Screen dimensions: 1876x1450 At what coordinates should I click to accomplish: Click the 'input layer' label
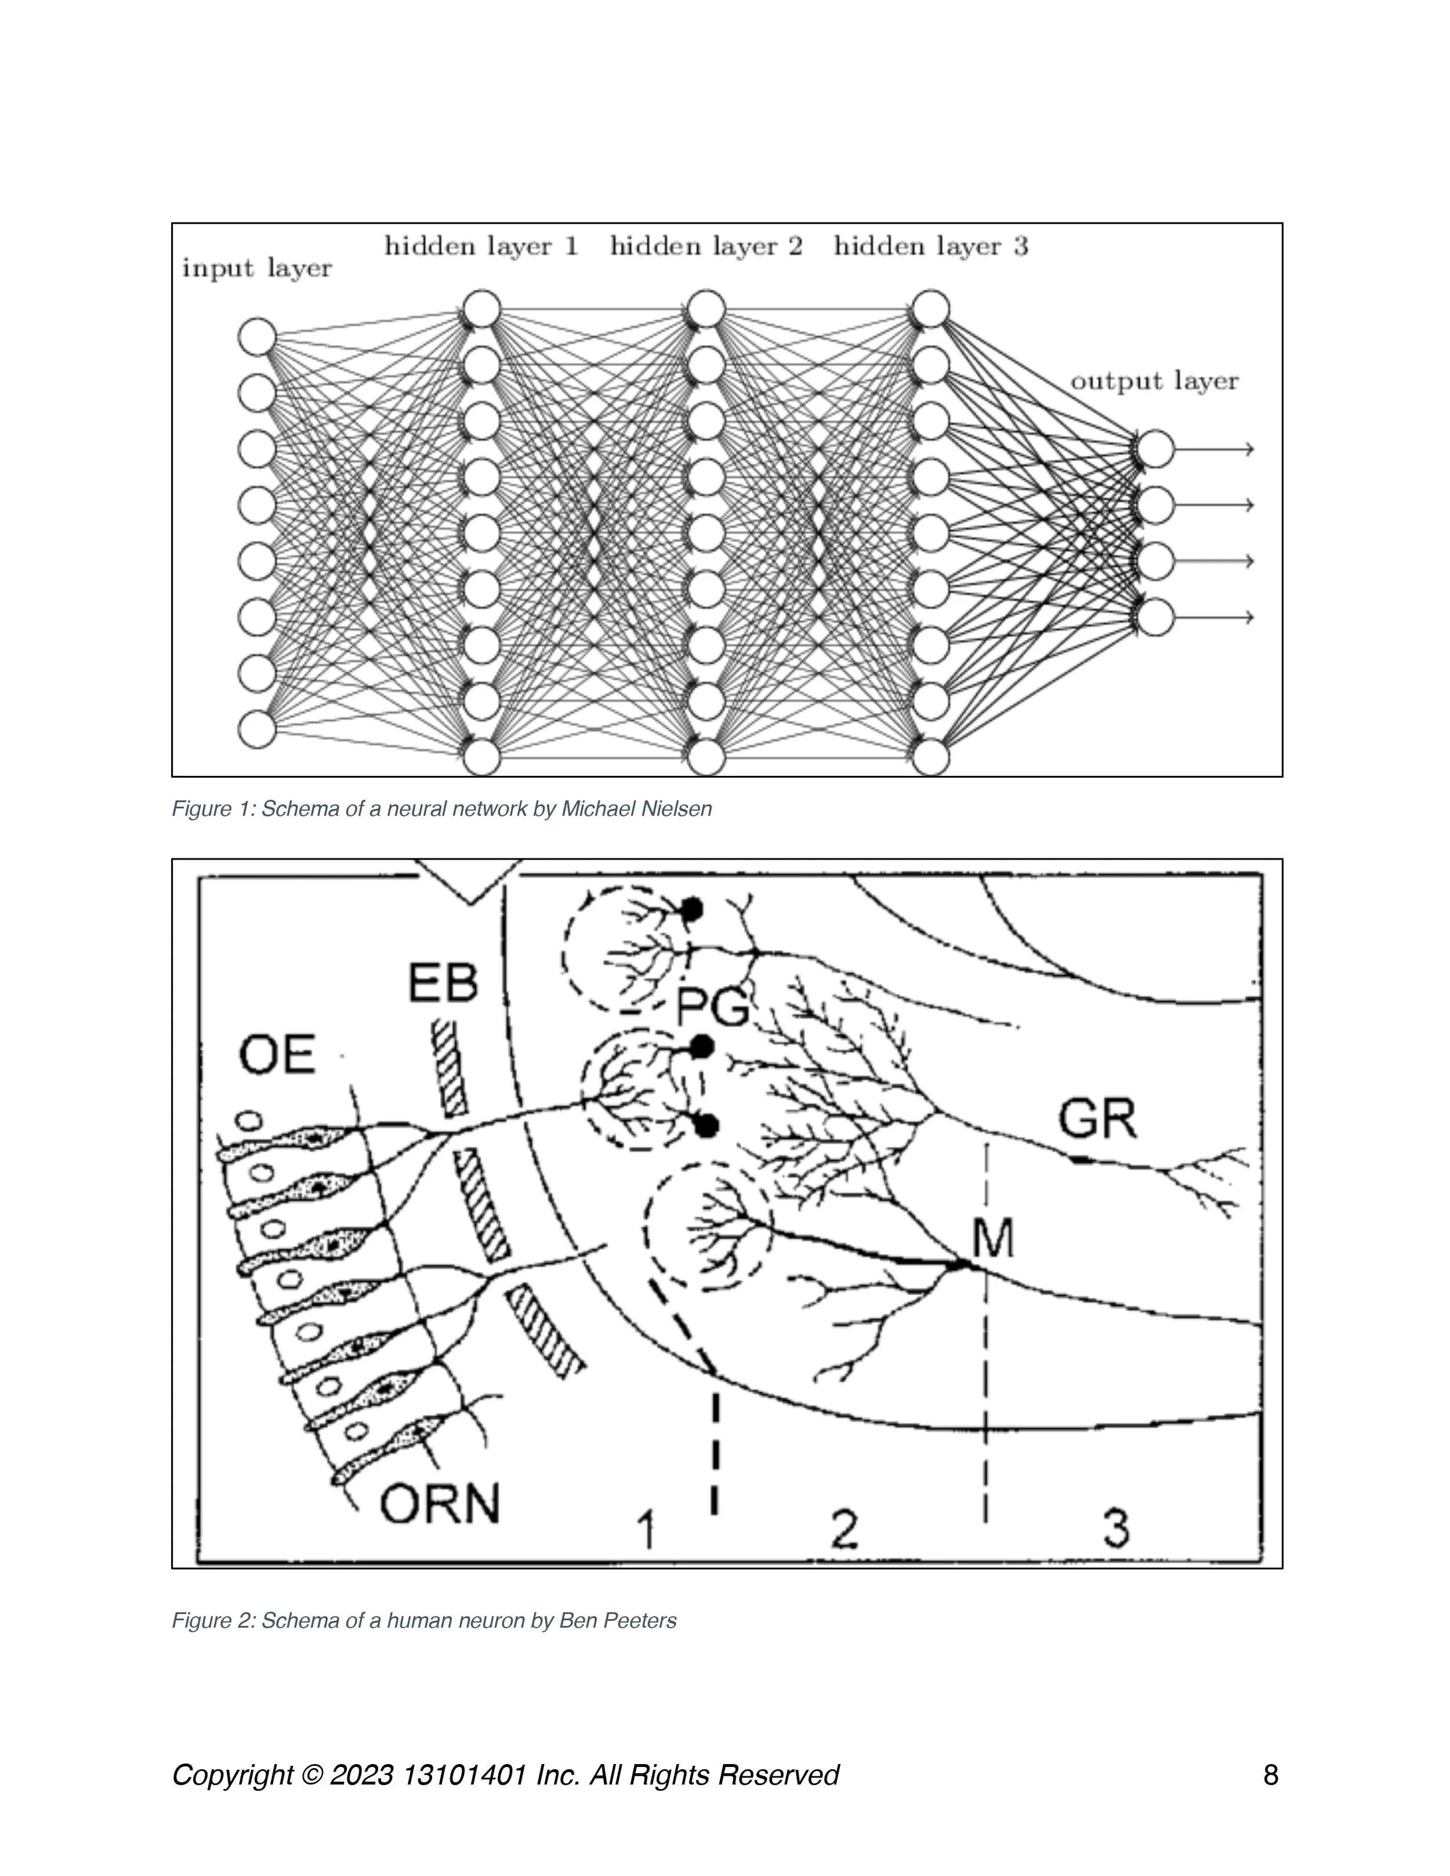tap(256, 269)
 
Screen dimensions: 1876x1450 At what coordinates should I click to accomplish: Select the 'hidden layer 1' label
tap(481, 246)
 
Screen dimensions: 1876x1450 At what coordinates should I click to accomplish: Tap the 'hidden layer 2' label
tap(706, 246)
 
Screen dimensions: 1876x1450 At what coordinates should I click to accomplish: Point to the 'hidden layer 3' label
tap(930, 246)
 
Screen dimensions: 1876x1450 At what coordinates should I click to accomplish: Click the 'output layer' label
tap(1154, 382)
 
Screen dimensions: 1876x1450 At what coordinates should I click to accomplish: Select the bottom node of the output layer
tap(1155, 617)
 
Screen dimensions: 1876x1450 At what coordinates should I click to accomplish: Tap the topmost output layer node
tap(1155, 448)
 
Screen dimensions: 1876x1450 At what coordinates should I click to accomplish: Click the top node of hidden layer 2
tap(706, 309)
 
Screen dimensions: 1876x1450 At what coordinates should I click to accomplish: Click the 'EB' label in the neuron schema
tap(443, 983)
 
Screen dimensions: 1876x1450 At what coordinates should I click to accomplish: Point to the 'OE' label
tap(277, 1055)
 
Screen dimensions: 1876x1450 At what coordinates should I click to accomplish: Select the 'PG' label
tap(712, 1007)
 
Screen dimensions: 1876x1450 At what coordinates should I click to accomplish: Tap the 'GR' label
tap(1097, 1119)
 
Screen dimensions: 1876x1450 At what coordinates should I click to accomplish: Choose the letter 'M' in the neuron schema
tap(993, 1238)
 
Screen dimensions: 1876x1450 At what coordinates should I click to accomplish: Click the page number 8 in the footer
tap(1270, 1775)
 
